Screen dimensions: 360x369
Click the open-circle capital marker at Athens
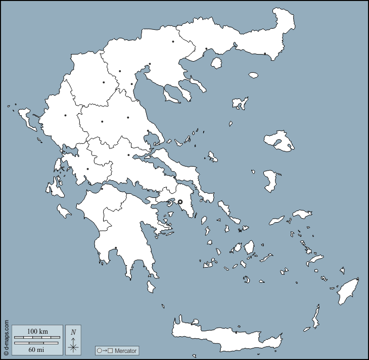tap(180, 201)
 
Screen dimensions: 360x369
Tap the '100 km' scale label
tap(37, 331)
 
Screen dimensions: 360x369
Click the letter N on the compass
tap(73, 332)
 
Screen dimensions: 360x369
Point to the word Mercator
tap(125, 350)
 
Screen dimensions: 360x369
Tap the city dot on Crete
tap(236, 332)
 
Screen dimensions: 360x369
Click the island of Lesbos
tap(280, 140)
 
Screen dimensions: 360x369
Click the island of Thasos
tap(217, 63)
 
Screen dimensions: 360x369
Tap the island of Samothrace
tap(253, 75)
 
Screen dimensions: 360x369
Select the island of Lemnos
tap(241, 103)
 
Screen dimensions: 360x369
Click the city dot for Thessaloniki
tap(150, 64)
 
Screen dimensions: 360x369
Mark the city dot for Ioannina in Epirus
tap(65, 116)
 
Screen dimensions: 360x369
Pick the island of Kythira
tap(150, 287)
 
